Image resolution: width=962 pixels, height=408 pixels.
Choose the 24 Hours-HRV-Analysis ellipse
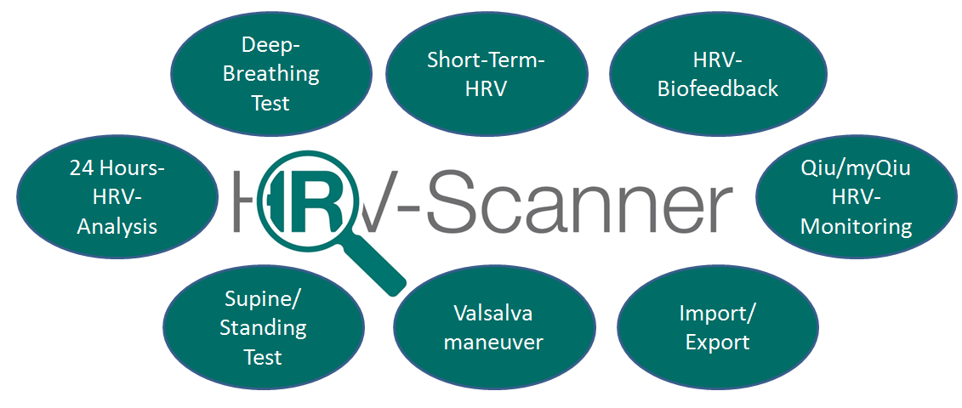117,197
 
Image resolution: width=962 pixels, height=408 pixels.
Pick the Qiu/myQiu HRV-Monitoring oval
856,197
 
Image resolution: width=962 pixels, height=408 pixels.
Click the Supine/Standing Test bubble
263,328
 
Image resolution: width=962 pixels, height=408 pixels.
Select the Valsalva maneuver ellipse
493,328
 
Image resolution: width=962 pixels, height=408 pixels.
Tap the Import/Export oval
717,328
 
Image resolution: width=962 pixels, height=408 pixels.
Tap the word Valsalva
493,314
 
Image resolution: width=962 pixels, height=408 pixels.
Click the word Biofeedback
717,88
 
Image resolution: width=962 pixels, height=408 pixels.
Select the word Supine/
263,298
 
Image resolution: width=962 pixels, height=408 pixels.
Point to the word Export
717,343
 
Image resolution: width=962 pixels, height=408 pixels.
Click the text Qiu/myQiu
856,167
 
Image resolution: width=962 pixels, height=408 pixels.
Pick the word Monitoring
856,227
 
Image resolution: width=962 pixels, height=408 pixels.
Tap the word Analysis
117,227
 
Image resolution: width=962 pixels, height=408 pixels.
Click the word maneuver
493,343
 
